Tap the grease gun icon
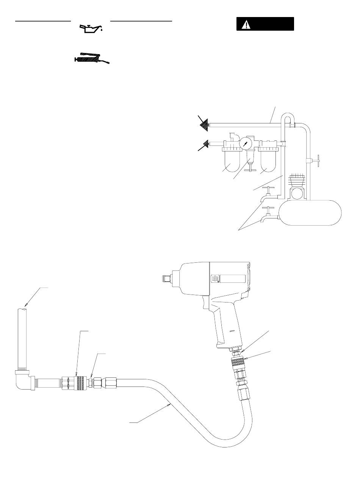click(x=91, y=59)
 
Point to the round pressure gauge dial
click(x=246, y=144)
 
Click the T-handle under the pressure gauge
click(x=249, y=171)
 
